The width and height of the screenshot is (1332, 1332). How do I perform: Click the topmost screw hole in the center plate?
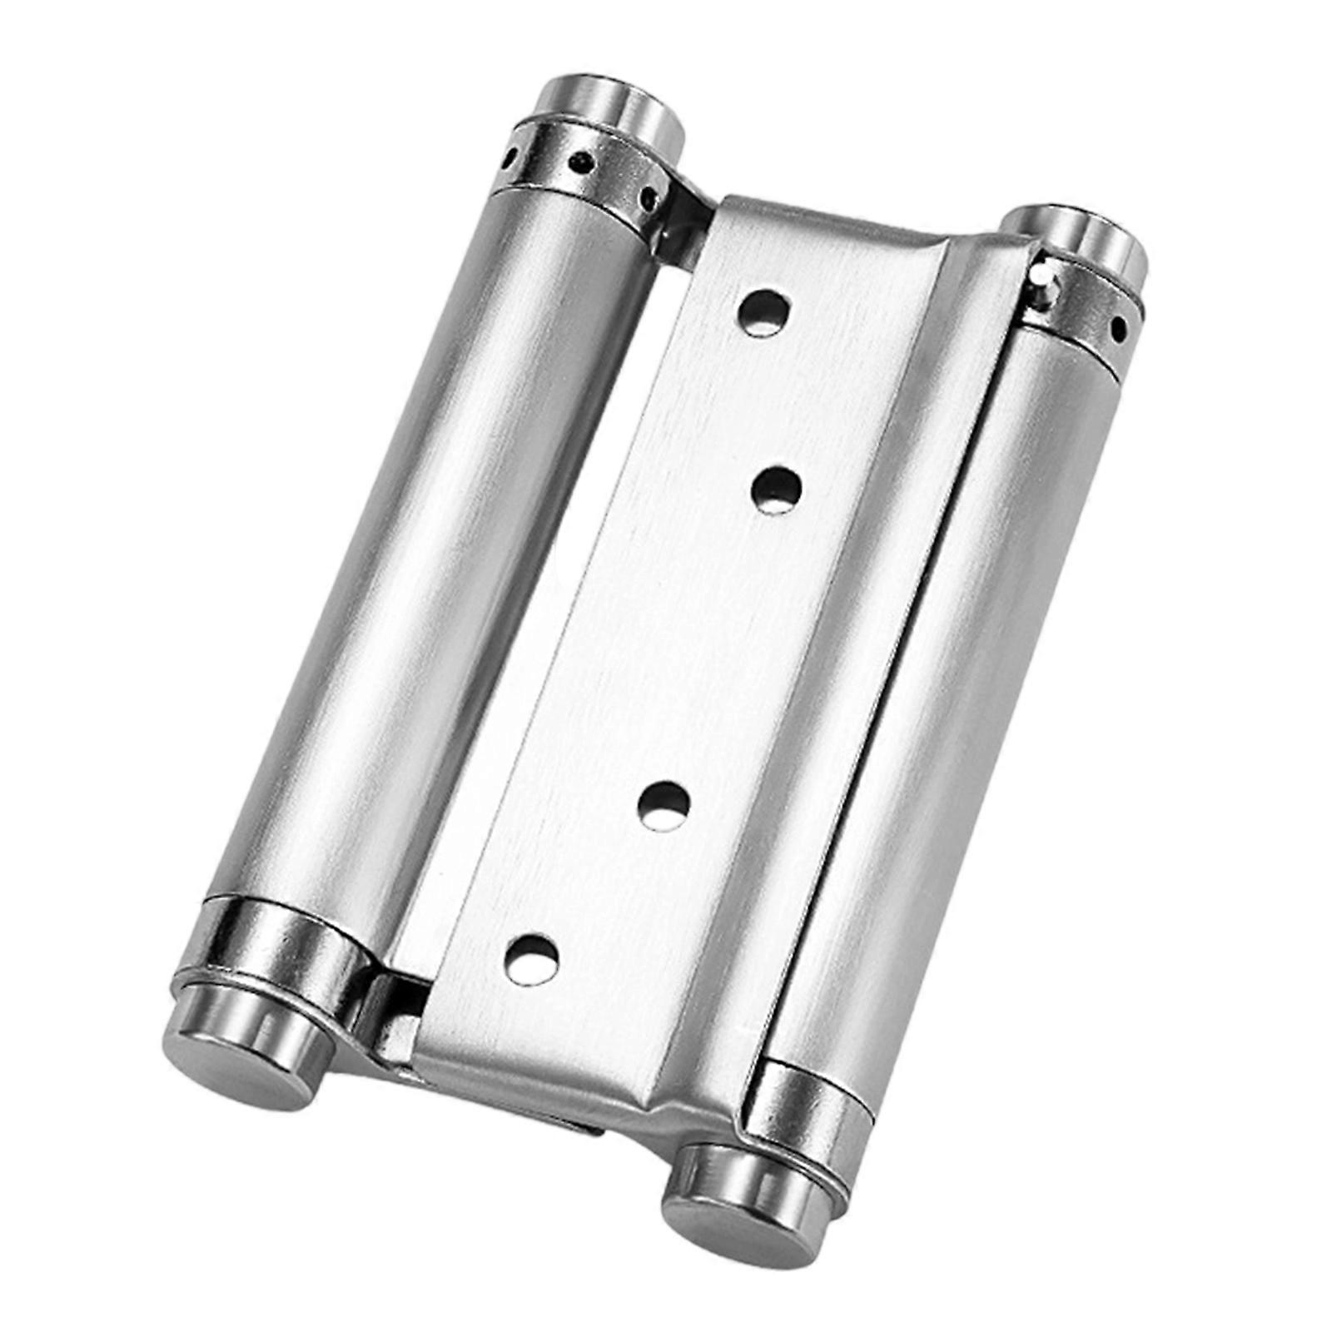point(765,311)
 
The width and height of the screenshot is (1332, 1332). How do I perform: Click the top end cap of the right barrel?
point(1078,241)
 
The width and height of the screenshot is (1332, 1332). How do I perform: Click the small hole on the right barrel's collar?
point(1116,328)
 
